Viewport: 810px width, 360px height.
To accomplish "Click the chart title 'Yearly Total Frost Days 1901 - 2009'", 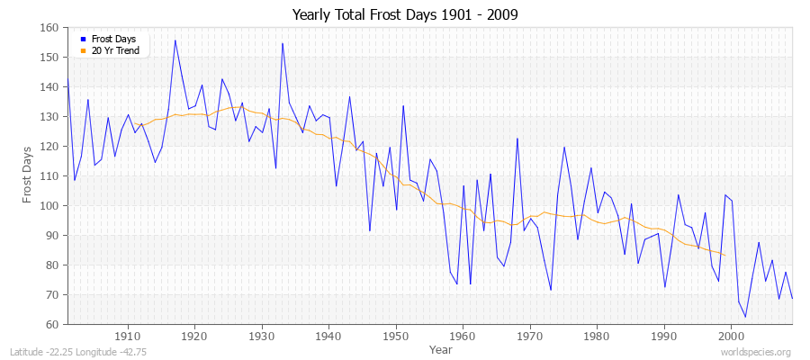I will point(405,15).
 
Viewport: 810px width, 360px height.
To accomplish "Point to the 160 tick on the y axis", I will point(50,28).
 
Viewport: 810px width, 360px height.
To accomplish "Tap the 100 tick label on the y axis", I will point(50,206).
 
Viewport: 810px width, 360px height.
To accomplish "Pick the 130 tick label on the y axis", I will point(50,117).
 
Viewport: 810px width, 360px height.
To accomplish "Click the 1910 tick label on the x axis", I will point(128,337).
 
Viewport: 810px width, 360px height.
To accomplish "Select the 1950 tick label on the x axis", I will point(396,337).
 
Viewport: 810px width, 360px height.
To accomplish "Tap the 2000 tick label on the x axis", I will point(732,337).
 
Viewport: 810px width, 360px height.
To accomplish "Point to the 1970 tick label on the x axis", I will point(530,337).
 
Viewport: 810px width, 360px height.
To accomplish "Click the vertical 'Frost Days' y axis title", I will point(27,175).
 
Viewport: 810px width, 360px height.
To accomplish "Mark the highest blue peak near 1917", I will point(175,40).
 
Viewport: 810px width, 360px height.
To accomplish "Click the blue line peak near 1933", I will point(283,43).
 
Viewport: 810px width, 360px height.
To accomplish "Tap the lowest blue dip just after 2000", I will point(745,317).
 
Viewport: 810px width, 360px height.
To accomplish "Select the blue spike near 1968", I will point(517,138).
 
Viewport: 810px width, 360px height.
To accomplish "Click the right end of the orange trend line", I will point(724,255).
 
